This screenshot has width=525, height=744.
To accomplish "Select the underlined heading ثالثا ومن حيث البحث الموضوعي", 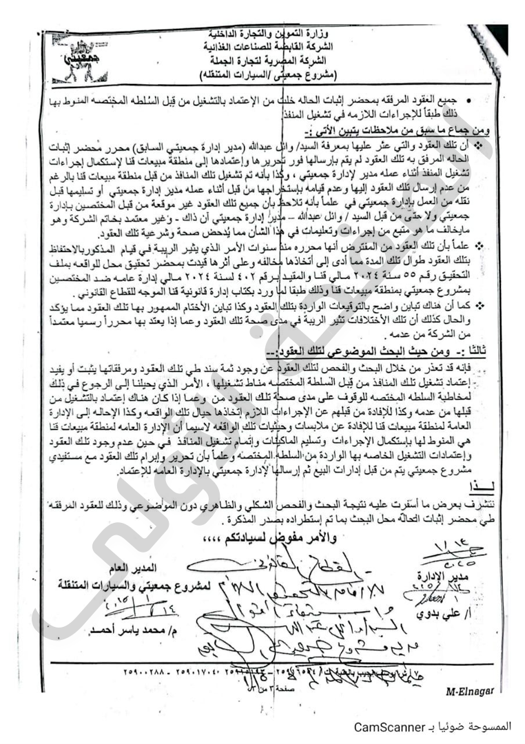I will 390,351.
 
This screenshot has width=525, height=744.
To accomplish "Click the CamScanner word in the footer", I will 384,727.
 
